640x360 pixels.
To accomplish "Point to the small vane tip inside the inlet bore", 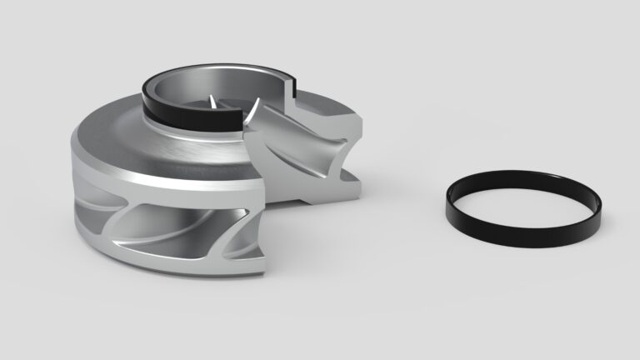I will pos(213,102).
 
